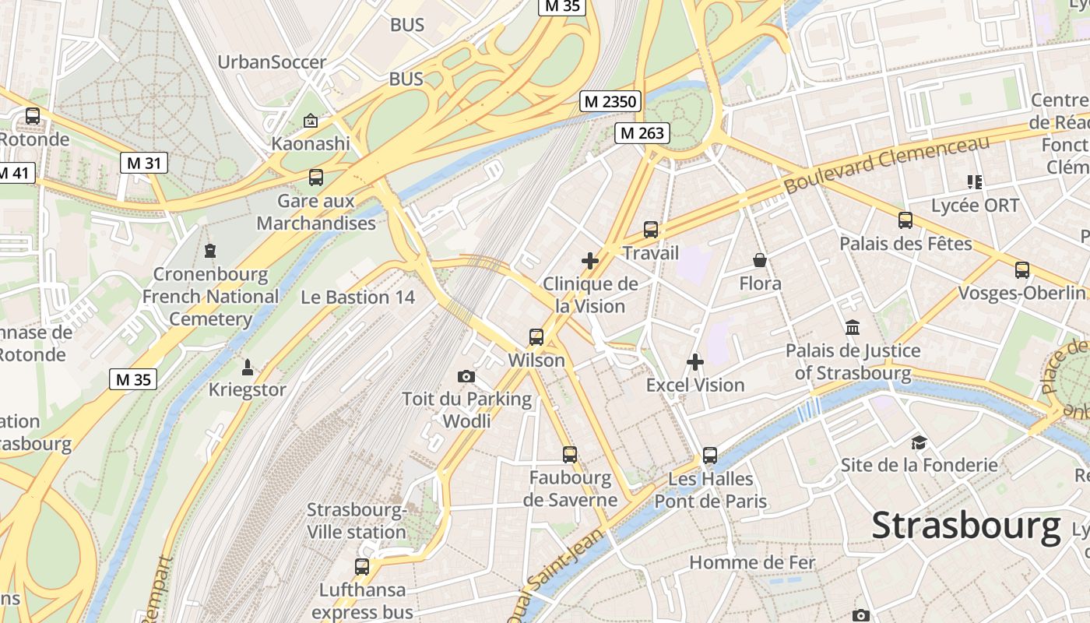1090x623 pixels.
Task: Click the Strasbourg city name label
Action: point(965,526)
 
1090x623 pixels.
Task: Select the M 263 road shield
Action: point(642,133)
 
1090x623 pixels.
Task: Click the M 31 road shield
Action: point(144,163)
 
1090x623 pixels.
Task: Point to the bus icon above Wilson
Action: point(536,337)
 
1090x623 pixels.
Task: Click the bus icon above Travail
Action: point(651,230)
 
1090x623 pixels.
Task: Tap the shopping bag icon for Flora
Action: point(759,260)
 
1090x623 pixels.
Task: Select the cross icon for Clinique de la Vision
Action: point(590,261)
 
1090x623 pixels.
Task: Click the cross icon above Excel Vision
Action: point(695,362)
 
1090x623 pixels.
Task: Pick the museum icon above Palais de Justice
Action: point(853,328)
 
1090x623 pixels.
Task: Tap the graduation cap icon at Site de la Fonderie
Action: point(919,442)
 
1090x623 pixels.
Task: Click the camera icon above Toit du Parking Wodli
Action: point(466,377)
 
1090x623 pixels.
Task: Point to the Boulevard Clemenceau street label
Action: point(887,164)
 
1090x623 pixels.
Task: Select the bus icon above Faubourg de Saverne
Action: point(570,455)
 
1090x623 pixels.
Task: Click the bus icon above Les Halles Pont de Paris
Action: point(710,456)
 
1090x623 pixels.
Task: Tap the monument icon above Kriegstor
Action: point(248,367)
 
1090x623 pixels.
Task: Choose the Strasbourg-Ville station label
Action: point(357,521)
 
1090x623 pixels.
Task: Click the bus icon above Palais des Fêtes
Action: point(905,220)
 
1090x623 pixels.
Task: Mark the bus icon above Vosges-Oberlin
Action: point(1022,270)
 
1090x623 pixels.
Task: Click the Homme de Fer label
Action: point(752,562)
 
